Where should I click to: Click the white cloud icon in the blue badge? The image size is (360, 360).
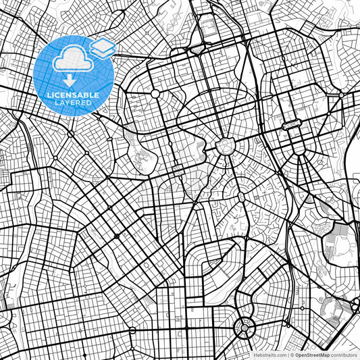[x=70, y=59]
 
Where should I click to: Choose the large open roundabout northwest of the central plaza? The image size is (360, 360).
[x=156, y=94]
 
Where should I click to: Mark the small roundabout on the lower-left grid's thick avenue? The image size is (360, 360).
[x=116, y=236]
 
